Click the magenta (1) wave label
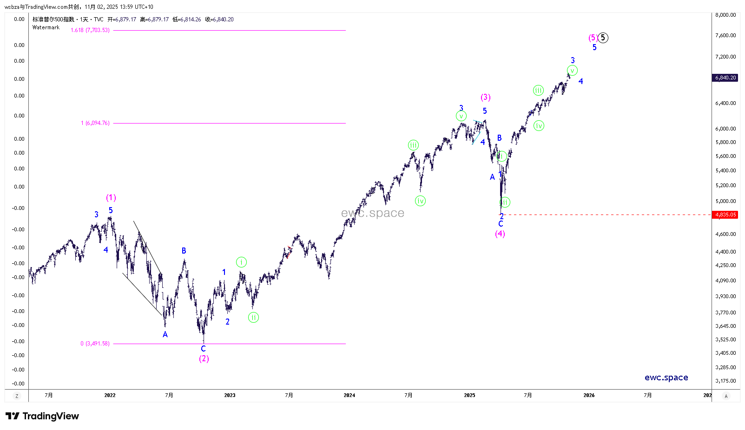(x=111, y=198)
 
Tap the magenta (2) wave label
(x=204, y=358)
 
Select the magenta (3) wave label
(x=485, y=97)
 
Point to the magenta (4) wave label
(x=500, y=234)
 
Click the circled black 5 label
(x=603, y=38)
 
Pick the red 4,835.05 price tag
(x=725, y=215)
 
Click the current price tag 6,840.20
(x=725, y=78)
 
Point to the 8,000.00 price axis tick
(x=725, y=15)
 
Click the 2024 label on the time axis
(x=349, y=395)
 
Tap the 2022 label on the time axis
(x=110, y=395)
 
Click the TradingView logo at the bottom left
(x=42, y=416)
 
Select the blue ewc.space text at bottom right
(x=666, y=378)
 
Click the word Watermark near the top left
(x=46, y=27)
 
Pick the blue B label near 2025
(x=499, y=138)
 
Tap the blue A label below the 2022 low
(x=165, y=334)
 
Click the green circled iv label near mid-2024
(x=420, y=201)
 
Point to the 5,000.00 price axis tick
(x=725, y=201)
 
